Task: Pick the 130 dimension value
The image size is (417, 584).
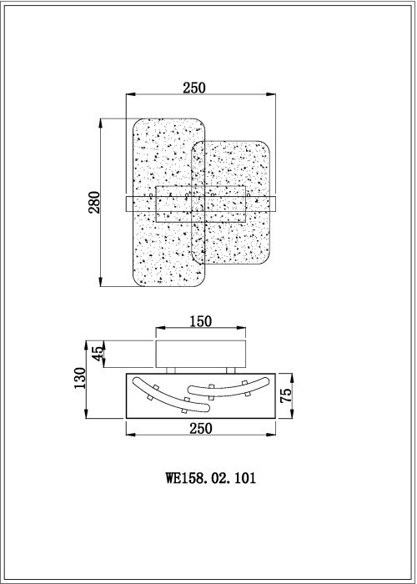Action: coord(79,380)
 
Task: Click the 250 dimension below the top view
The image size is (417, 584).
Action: coord(200,427)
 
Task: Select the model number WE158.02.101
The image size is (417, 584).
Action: coord(210,478)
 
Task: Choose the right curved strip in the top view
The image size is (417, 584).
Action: coord(227,386)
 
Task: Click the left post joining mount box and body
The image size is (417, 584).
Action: coord(169,370)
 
